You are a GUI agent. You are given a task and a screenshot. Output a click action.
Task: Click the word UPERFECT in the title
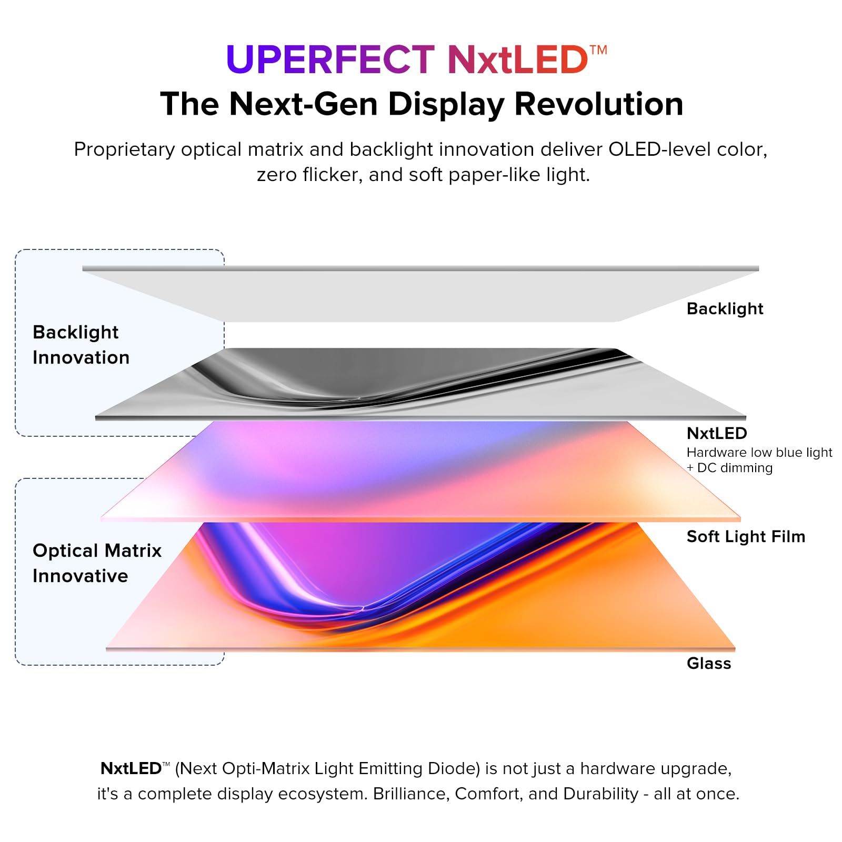pyautogui.click(x=330, y=59)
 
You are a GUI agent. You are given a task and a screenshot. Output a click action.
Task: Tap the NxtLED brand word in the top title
pyautogui.click(x=517, y=59)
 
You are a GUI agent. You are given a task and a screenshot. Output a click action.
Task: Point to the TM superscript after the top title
pyautogui.click(x=598, y=51)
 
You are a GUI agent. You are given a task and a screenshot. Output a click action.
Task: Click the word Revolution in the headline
pyautogui.click(x=598, y=104)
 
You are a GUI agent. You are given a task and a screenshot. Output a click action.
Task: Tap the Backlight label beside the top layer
pyautogui.click(x=725, y=309)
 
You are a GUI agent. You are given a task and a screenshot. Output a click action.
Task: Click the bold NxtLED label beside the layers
pyautogui.click(x=717, y=433)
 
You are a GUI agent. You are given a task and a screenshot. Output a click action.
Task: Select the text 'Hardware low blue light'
pyautogui.click(x=759, y=453)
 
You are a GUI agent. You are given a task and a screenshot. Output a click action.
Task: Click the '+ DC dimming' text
pyautogui.click(x=729, y=468)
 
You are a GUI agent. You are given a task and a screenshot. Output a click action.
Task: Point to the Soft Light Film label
pyautogui.click(x=746, y=537)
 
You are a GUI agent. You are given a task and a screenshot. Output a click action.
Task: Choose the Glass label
pyautogui.click(x=709, y=664)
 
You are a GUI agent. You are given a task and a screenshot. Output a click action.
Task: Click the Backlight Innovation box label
pyautogui.click(x=81, y=345)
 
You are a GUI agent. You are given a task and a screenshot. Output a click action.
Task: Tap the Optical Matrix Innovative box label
pyautogui.click(x=97, y=563)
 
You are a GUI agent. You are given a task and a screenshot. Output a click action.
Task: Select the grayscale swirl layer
pyautogui.click(x=421, y=384)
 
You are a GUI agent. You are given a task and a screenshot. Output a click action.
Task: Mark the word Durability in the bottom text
pyautogui.click(x=600, y=794)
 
